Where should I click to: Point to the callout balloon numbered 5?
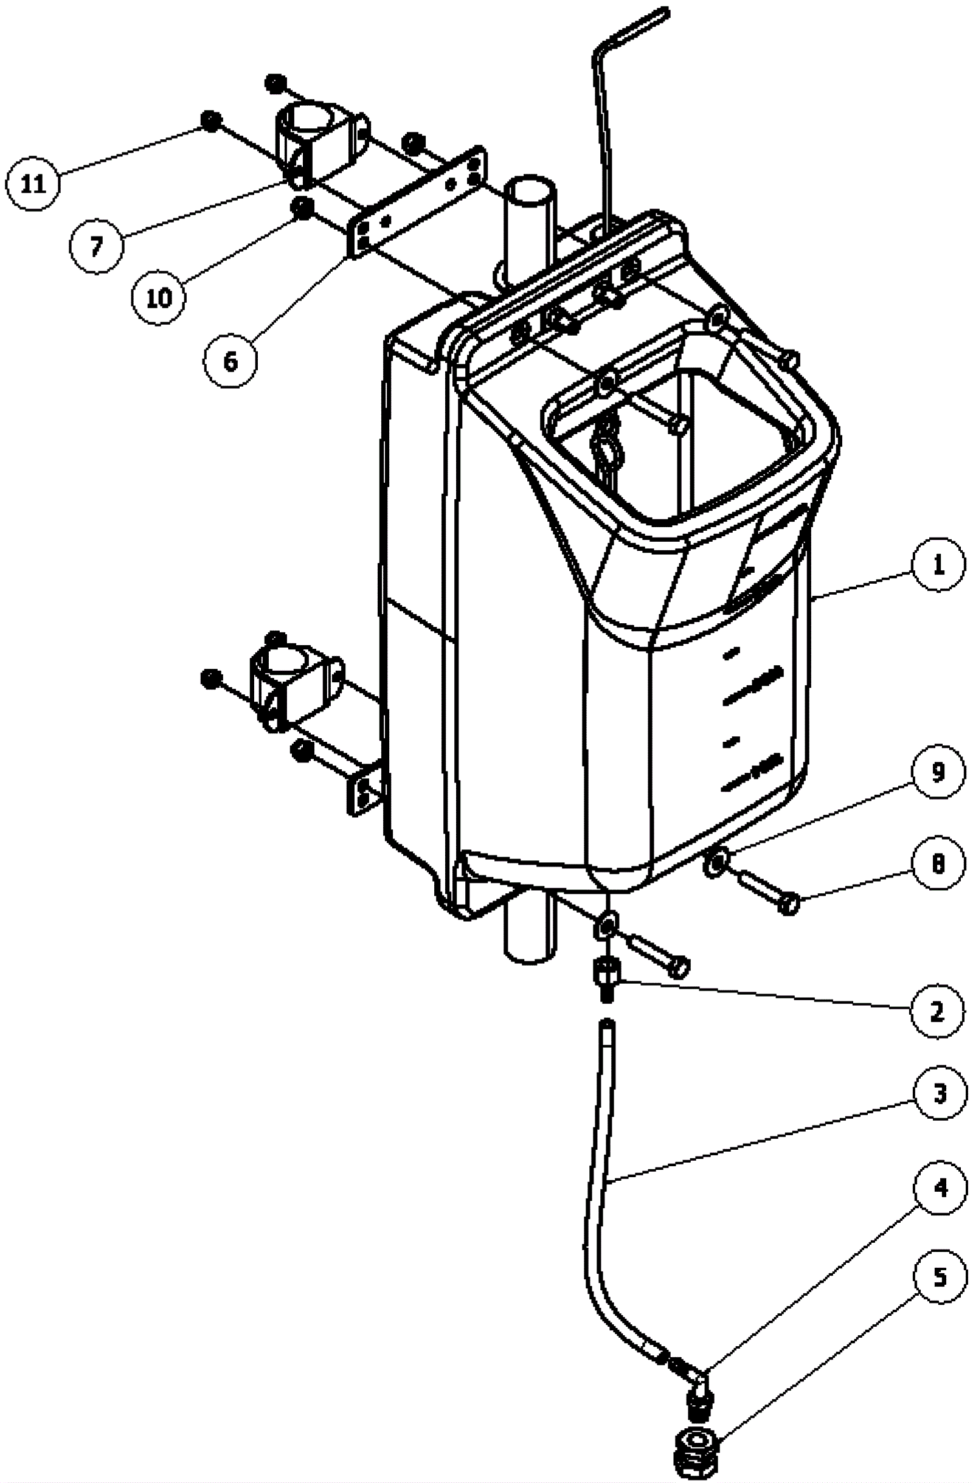coord(941,1275)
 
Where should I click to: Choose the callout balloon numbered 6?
coord(230,361)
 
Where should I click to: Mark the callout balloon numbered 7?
coord(96,247)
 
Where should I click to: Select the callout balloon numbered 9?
coord(938,772)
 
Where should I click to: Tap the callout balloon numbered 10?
coord(159,298)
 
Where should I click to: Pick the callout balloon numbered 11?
coord(33,184)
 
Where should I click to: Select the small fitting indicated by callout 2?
coord(606,977)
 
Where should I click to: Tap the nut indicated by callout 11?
coord(211,120)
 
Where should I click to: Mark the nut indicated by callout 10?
coord(303,207)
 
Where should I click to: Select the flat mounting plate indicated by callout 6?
coord(417,202)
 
